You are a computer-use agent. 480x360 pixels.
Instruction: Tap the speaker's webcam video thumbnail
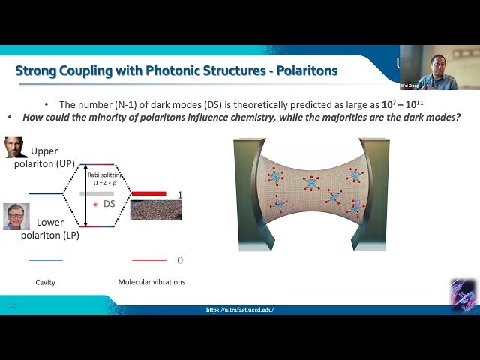click(x=439, y=67)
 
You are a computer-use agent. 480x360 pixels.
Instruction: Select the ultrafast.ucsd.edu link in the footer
click(x=240, y=310)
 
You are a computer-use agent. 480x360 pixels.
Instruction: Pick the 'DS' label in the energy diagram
click(x=109, y=204)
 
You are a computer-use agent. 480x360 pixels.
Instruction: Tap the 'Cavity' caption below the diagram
click(x=46, y=283)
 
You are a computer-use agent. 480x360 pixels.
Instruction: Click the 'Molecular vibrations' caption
click(x=151, y=283)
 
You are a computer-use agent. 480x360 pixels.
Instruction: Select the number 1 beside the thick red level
click(x=180, y=195)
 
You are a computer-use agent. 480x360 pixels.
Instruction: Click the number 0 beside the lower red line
click(x=180, y=260)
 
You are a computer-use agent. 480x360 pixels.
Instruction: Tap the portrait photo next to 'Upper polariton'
click(x=16, y=147)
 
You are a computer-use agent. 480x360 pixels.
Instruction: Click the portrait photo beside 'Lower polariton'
click(x=16, y=216)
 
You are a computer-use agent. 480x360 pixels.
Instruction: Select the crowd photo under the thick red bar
click(x=155, y=209)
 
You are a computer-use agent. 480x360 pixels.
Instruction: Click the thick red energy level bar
click(x=148, y=194)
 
